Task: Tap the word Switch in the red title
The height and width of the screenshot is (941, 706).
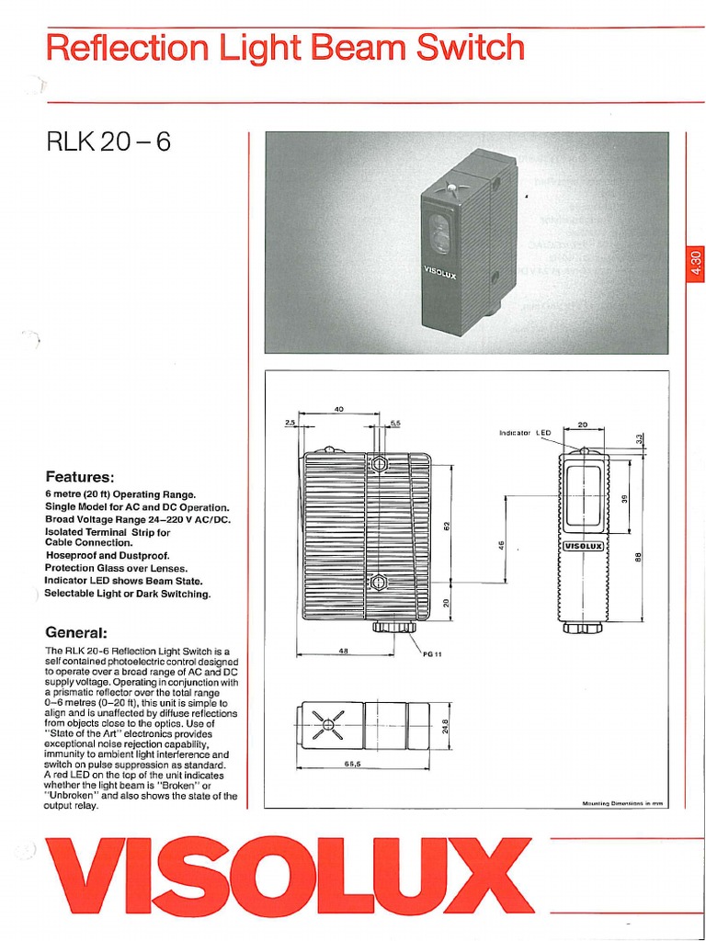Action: pyautogui.click(x=470, y=48)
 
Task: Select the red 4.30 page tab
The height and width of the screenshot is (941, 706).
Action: pyautogui.click(x=694, y=266)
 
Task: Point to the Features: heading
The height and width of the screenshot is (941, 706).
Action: pyautogui.click(x=79, y=477)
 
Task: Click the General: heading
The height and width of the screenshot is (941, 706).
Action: pyautogui.click(x=76, y=632)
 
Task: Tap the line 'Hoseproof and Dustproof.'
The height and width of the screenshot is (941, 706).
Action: pyautogui.click(x=107, y=556)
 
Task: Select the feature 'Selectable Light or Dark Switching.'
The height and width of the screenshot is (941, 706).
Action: pyautogui.click(x=127, y=594)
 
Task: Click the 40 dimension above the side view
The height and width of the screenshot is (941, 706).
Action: pyautogui.click(x=338, y=409)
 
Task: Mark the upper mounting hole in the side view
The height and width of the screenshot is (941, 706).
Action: pyautogui.click(x=377, y=464)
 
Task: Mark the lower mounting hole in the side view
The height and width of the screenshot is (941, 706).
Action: pyautogui.click(x=377, y=583)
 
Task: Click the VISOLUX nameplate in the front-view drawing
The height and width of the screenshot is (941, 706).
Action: pyautogui.click(x=583, y=546)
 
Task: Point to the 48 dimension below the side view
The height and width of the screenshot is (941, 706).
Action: pyautogui.click(x=341, y=652)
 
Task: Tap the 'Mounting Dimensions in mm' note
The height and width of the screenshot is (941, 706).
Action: pyautogui.click(x=622, y=802)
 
